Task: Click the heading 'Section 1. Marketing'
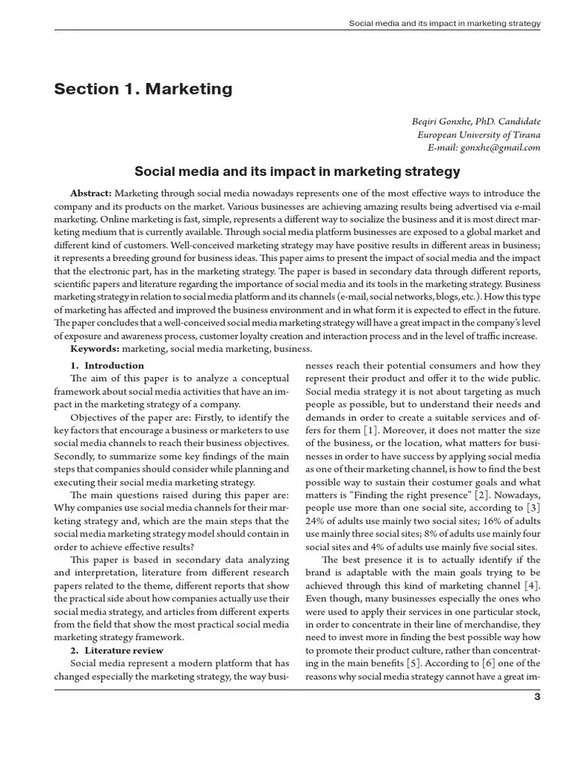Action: point(143,89)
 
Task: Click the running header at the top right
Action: point(444,24)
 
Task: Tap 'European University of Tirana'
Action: point(479,134)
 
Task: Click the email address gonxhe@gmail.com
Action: point(500,147)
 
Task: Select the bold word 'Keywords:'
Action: point(95,348)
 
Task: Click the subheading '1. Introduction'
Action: point(107,365)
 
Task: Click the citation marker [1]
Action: point(372,430)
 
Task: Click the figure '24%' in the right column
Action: point(317,521)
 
